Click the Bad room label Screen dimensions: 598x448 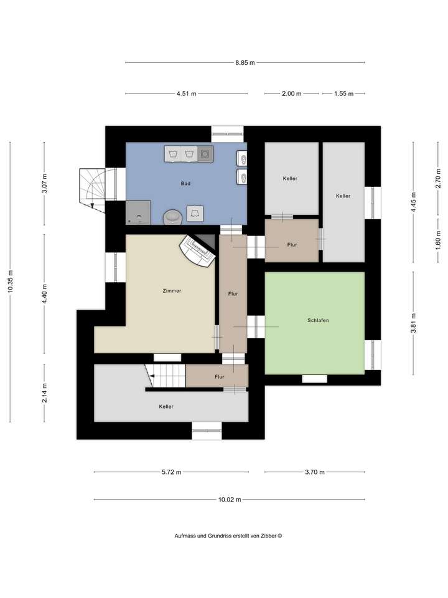coord(185,184)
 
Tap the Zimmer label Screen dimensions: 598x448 coord(172,290)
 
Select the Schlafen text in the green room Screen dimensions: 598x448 coord(317,320)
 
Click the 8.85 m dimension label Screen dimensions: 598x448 coord(245,62)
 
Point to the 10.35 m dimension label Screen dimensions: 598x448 coord(11,282)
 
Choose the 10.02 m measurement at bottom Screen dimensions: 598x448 coord(230,500)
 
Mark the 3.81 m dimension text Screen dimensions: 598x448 coord(413,323)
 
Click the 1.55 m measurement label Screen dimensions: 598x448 coord(343,93)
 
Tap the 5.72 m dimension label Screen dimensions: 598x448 coord(170,472)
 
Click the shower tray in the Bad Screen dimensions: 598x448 coord(139,212)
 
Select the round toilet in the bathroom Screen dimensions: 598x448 coord(172,217)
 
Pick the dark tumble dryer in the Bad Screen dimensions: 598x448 coord(205,153)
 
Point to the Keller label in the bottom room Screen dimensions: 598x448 coord(166,406)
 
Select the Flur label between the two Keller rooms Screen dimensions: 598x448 coord(292,245)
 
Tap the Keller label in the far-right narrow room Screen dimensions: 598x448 coord(343,196)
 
